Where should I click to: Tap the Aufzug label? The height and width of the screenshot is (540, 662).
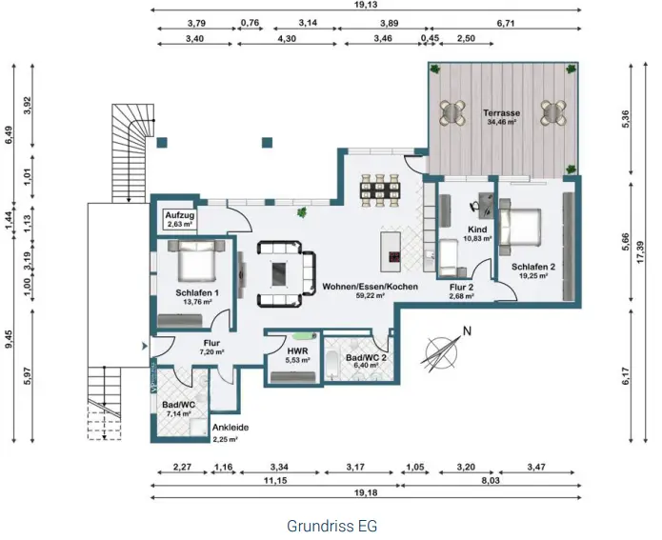click(179, 216)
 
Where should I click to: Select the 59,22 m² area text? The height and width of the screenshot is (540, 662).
click(356, 296)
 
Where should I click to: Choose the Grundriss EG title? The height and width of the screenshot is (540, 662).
click(331, 525)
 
